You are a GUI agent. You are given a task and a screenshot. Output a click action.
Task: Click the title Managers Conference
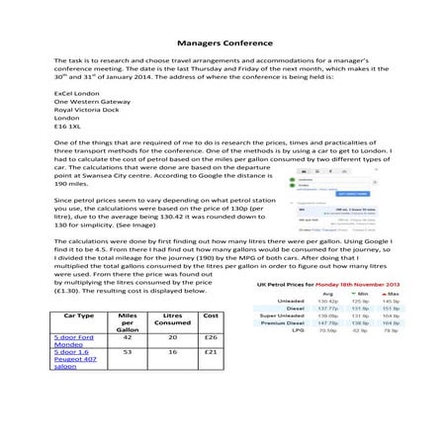pyautogui.click(x=224, y=44)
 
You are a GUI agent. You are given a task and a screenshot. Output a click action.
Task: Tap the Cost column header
pyautogui.click(x=210, y=314)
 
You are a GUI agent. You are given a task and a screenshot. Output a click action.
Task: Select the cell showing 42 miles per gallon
pyautogui.click(x=126, y=337)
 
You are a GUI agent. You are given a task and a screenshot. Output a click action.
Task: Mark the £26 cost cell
pyautogui.click(x=210, y=337)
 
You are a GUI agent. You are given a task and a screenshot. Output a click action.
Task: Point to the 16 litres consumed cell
pyautogui.click(x=172, y=351)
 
